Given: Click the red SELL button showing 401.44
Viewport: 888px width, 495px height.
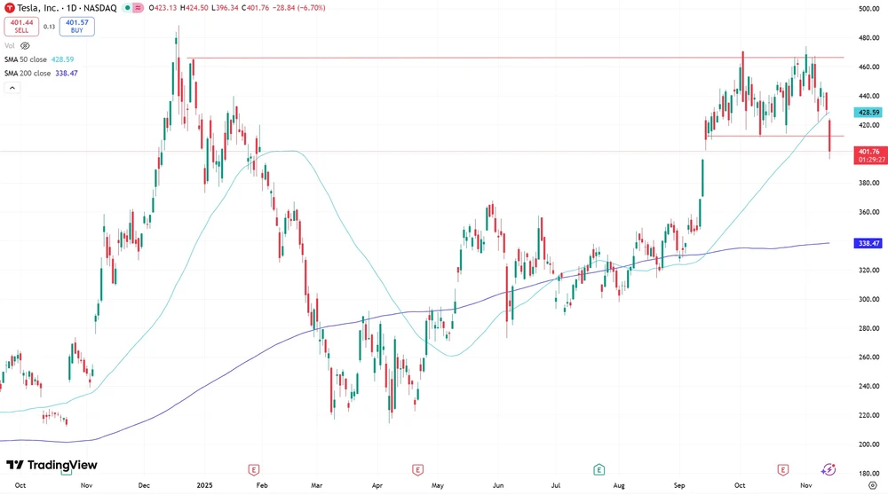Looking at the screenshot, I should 21,26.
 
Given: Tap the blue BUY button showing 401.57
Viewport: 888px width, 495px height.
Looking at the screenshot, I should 77,26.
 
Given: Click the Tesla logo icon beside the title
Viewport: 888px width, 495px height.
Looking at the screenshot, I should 9,7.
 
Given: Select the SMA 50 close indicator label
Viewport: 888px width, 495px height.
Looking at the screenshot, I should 41,59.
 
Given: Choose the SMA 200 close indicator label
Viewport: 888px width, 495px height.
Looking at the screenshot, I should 41,73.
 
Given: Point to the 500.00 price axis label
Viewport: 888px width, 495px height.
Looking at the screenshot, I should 868,9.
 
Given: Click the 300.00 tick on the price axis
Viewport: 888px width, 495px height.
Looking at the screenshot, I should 868,299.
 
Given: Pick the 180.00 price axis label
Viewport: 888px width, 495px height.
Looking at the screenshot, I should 868,473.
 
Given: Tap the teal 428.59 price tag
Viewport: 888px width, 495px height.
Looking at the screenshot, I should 867,113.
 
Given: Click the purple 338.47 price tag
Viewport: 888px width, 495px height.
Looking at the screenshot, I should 867,243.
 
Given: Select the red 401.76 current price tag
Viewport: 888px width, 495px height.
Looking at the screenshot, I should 868,152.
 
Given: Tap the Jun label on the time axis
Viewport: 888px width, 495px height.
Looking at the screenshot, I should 498,486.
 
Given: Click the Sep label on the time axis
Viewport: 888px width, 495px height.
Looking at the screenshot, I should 680,486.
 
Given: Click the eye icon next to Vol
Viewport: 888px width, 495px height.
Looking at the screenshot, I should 25,45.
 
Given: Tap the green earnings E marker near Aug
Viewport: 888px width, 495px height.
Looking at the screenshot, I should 599,468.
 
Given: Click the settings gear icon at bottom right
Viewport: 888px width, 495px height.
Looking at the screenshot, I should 872,486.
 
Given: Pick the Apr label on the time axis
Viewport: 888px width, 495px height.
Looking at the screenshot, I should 377,486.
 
